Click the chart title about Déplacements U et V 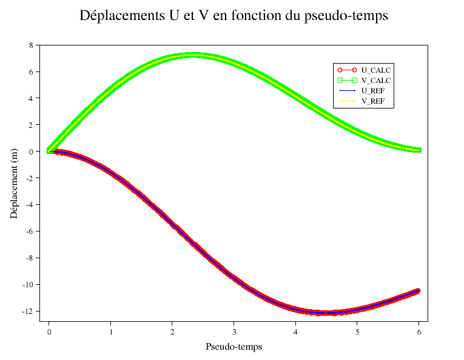pos(234,16)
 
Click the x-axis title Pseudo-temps pos(234,347)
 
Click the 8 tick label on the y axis pos(30,45)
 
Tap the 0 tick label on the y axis pos(30,152)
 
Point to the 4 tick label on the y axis pos(30,98)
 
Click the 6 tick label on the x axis pos(419,332)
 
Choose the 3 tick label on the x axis pos(234,332)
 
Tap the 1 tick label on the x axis pos(110,332)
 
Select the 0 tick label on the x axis pos(49,332)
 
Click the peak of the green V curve pos(193,55)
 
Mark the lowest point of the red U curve pos(326,313)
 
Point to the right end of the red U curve pos(418,291)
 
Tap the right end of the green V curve pos(418,150)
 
